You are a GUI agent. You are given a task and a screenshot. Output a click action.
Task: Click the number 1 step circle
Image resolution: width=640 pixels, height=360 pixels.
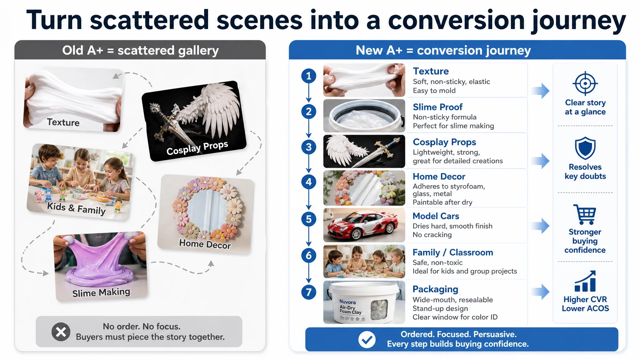pos(309,76)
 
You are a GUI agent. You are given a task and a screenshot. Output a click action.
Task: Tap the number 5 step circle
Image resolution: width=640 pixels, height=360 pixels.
pos(309,219)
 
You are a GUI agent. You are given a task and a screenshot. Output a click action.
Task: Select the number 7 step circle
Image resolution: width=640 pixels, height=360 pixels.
pos(309,292)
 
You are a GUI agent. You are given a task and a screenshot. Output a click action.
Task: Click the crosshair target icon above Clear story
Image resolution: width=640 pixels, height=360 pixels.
pos(585,83)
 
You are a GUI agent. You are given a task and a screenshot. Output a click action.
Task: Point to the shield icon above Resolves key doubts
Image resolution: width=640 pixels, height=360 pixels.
pos(585,148)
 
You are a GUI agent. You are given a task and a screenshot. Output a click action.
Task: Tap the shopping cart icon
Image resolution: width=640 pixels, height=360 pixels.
pos(585,214)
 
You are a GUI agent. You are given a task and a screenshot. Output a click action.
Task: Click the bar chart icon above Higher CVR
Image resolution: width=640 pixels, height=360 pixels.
pos(585,281)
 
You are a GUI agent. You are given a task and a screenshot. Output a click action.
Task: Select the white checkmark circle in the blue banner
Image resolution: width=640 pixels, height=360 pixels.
pos(367,339)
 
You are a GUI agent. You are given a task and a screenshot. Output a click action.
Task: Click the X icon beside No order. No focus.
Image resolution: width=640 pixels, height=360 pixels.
pos(61,332)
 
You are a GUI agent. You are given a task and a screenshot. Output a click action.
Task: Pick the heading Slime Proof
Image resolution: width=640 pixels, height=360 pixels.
pos(437,107)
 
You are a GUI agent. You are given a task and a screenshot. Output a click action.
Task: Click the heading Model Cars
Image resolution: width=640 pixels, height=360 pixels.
pos(436,216)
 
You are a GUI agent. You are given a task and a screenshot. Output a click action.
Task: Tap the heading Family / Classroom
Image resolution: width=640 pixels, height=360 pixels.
pos(453,252)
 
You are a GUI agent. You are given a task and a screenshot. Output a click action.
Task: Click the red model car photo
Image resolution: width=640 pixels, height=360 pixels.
pos(364,225)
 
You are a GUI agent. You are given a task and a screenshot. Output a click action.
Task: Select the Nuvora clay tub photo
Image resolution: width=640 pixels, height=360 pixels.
pos(364,302)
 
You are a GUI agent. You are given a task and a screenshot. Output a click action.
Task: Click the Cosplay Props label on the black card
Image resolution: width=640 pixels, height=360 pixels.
pos(197,148)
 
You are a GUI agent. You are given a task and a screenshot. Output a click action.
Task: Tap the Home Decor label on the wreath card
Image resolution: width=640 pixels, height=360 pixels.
pos(205,244)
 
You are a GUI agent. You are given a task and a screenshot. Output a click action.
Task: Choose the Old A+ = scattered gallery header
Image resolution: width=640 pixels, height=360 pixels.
pos(140,50)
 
